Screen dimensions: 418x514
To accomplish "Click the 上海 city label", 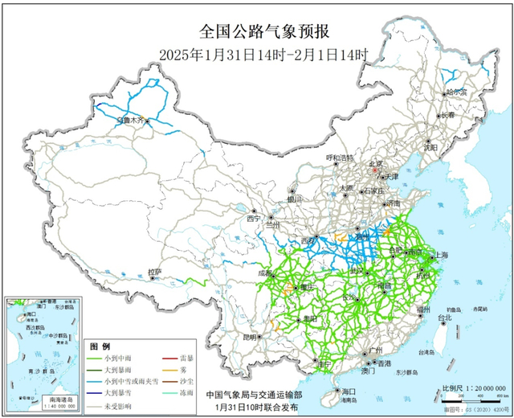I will click(x=440, y=256).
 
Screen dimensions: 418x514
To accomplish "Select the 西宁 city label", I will click(x=255, y=219).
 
